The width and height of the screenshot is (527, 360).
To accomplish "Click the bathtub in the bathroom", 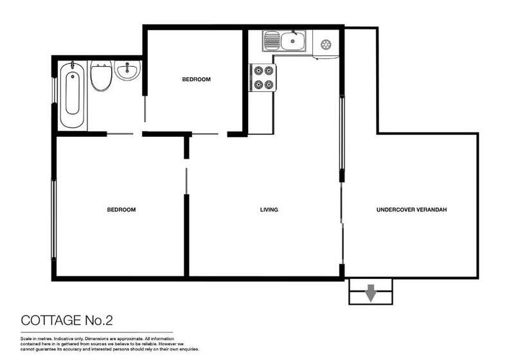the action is coord(72,95).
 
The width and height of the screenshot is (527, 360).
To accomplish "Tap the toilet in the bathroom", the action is coord(101,76).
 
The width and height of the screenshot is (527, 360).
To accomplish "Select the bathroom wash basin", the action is coord(127,71).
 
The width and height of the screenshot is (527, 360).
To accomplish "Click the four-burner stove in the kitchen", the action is coord(263,77).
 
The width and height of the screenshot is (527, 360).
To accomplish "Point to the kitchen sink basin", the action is coord(292,41).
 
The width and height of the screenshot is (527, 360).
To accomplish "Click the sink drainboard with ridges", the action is coord(272,41).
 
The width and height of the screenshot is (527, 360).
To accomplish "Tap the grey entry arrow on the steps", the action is coord(370,292).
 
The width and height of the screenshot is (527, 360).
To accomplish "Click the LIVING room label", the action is coord(269,210).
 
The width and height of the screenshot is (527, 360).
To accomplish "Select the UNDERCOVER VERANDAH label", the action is coord(411,210).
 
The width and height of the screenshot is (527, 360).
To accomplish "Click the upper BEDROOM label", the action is coord(196,79).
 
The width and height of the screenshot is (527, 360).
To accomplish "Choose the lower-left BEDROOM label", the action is coord(121,210).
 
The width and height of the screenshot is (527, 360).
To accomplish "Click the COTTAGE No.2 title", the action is coord(67,320).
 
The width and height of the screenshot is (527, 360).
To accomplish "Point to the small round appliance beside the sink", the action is coord(325,44).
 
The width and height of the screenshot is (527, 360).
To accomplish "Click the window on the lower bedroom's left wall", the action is coord(53,220).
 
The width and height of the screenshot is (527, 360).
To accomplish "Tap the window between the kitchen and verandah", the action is coord(342,133).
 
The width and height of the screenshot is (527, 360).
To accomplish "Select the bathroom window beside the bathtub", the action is coord(54,90).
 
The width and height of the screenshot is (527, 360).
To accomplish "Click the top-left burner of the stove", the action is coord(258,71).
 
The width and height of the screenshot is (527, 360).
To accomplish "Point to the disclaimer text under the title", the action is coord(109,344).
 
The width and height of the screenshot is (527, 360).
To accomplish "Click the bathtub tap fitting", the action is coord(72,65).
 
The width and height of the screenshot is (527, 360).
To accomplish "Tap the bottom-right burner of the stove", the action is coord(268,85).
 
